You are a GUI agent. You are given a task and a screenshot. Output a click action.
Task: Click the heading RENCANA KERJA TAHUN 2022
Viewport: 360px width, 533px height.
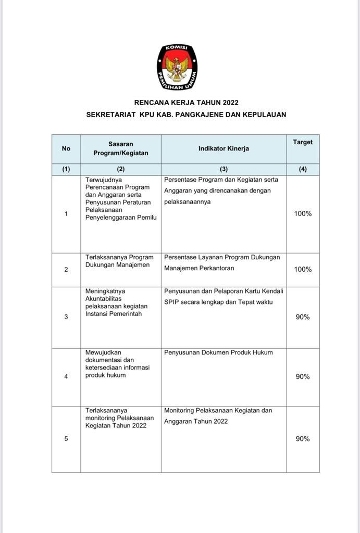[x=186, y=103]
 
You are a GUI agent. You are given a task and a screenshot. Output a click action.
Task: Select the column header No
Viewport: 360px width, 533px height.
[x=66, y=149]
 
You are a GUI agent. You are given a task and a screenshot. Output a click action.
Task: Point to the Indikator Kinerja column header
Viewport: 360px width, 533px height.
[x=224, y=149]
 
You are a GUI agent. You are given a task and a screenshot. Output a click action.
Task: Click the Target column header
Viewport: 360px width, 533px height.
[x=303, y=142]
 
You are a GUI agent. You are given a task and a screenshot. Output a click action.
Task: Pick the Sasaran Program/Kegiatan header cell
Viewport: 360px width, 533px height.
[x=121, y=148]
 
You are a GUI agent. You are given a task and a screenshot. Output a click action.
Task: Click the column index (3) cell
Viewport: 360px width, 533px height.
[x=224, y=170]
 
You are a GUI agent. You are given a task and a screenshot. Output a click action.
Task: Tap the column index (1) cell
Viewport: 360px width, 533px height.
[x=66, y=170]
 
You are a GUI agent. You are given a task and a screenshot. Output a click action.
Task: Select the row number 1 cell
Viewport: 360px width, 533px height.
[x=66, y=214]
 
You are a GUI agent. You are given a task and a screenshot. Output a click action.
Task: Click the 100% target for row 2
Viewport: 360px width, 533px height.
[x=303, y=270]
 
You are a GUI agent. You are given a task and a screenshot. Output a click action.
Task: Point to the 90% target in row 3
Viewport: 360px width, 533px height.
[x=303, y=317]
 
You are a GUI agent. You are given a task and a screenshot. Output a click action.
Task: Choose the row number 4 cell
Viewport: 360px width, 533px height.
[x=66, y=377]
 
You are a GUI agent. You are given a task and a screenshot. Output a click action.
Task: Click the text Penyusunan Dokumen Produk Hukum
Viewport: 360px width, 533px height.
[x=218, y=352]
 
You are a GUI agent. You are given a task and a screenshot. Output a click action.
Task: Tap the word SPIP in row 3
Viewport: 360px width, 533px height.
[x=171, y=302]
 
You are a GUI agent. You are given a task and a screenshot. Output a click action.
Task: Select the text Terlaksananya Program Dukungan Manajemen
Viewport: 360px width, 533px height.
[x=119, y=261]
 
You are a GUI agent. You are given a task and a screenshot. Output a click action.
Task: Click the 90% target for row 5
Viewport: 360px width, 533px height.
[x=303, y=439]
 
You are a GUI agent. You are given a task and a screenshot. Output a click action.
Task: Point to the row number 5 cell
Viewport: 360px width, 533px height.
[x=66, y=439]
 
